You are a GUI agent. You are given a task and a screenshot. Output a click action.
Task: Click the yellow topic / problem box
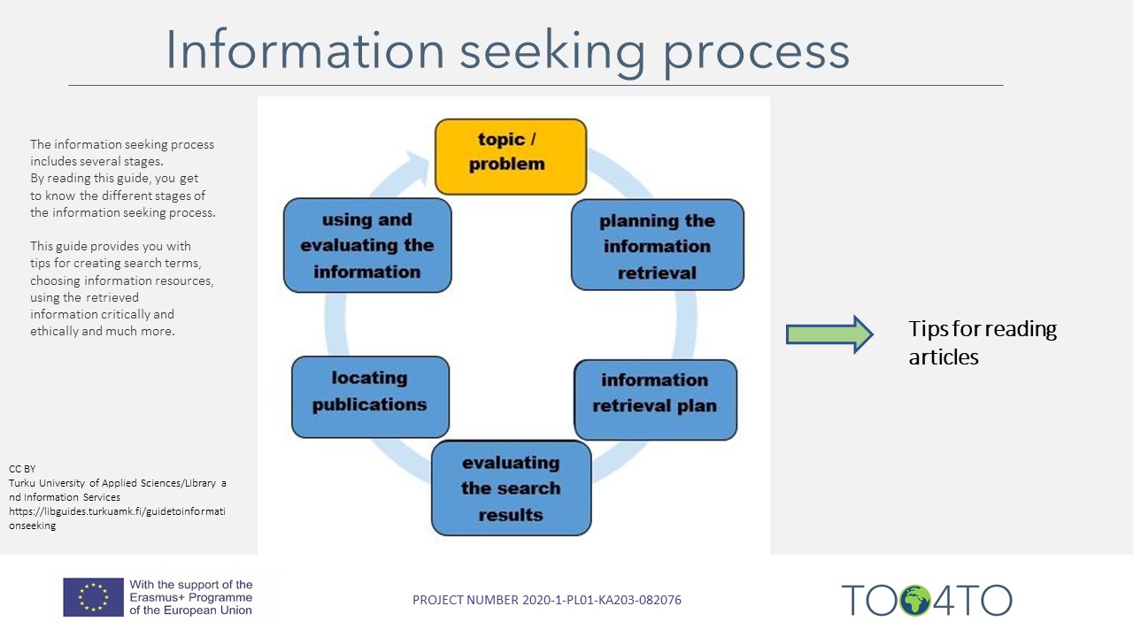pos(511,157)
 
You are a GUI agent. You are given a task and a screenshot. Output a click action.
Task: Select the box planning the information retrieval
pos(657,245)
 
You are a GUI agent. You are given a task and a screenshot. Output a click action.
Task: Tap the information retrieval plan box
pos(655,400)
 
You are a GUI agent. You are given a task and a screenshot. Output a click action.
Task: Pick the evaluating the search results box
pos(511,488)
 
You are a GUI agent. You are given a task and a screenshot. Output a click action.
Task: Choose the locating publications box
pos(370,396)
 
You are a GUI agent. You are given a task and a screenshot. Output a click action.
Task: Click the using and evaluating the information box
pos(367,245)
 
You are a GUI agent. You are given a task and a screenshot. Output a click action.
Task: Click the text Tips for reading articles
pos(983,342)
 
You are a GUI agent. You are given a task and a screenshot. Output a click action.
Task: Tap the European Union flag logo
pos(93,597)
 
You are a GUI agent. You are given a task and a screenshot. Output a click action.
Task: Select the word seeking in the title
pos(553,50)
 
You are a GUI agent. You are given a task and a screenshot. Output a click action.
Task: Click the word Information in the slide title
pos(305,50)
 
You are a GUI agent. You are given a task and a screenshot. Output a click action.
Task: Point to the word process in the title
pos(757,50)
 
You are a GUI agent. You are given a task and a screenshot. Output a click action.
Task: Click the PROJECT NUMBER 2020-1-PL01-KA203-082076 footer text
pos(547,600)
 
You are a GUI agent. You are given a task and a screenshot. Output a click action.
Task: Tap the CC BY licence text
pos(22,468)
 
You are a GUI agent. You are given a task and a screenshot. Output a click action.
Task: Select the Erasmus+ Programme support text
pos(191,597)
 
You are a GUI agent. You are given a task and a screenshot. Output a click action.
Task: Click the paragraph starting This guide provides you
pos(121,288)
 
